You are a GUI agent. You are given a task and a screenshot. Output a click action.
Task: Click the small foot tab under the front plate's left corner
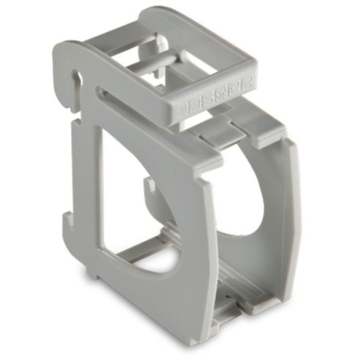tap(93, 273)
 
